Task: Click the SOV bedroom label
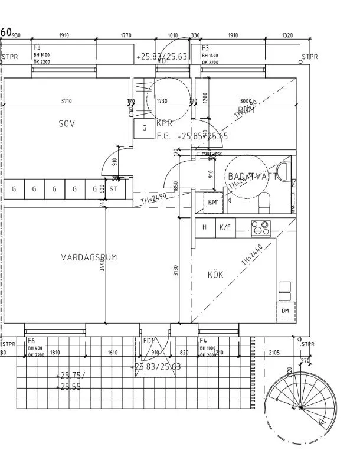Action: (x=67, y=123)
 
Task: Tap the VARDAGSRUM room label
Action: (x=89, y=257)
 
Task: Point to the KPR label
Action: (x=164, y=124)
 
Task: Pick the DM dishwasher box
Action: (x=284, y=311)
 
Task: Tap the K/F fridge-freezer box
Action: (x=224, y=227)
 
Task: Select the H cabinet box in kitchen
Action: (x=205, y=227)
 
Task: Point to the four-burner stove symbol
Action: (x=260, y=227)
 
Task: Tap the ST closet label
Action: (x=114, y=190)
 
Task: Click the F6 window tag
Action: (x=31, y=341)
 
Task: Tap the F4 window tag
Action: (x=203, y=341)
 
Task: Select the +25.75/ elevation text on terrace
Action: (x=71, y=376)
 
